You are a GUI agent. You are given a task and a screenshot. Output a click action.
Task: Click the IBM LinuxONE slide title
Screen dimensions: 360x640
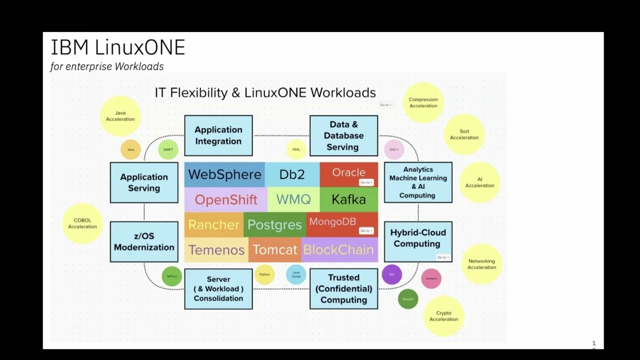point(118,47)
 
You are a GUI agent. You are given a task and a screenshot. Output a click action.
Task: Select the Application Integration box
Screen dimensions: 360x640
point(218,135)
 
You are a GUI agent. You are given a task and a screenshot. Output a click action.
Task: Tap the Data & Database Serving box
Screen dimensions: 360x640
point(343,135)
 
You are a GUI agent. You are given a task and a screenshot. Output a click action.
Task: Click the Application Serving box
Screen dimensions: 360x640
point(144,182)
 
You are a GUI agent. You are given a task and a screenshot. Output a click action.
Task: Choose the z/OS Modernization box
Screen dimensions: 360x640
point(144,241)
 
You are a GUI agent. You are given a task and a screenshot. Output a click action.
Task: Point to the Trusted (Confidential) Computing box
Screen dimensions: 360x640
point(343,288)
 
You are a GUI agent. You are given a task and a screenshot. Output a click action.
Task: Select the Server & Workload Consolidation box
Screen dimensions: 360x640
point(218,288)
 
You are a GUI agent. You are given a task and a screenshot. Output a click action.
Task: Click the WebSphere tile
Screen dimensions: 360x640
point(224,174)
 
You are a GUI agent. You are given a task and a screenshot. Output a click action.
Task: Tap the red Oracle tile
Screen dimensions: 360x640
point(348,173)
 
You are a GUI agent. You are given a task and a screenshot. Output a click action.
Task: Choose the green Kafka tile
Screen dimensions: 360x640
point(348,199)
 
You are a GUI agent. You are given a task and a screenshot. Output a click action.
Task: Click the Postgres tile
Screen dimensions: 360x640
point(274,225)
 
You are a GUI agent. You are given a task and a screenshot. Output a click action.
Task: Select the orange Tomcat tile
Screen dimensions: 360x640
point(274,249)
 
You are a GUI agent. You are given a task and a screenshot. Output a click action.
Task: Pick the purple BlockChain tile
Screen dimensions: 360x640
point(338,249)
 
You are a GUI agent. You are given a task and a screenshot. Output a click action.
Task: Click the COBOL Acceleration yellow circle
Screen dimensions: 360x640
point(82,223)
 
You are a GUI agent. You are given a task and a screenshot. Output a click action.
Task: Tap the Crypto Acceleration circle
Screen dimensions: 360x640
point(443,316)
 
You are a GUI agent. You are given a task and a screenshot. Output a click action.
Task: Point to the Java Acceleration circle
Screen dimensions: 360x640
point(120,116)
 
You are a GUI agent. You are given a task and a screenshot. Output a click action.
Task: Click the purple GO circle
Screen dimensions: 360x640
point(391,274)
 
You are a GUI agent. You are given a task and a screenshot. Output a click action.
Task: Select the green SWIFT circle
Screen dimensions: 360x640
point(168,149)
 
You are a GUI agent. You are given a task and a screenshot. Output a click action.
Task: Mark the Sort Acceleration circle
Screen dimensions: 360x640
point(464,134)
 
